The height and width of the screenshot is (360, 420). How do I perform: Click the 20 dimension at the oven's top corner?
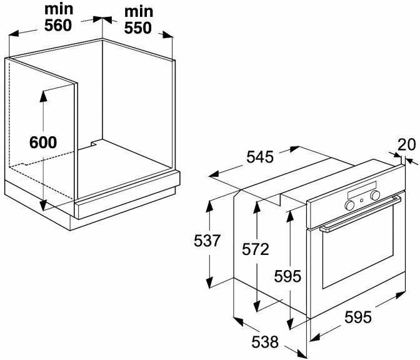point(406,144)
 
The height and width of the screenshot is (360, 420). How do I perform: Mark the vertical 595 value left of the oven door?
point(288,276)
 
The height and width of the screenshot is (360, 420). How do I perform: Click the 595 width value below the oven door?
point(358,316)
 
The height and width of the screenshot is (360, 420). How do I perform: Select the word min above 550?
point(139,12)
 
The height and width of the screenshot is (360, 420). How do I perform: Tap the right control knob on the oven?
point(375,195)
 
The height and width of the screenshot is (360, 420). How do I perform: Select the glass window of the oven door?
point(357,253)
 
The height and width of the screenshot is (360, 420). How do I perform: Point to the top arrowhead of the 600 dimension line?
point(43,94)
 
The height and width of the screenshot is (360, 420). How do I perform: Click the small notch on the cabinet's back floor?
point(94,143)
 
